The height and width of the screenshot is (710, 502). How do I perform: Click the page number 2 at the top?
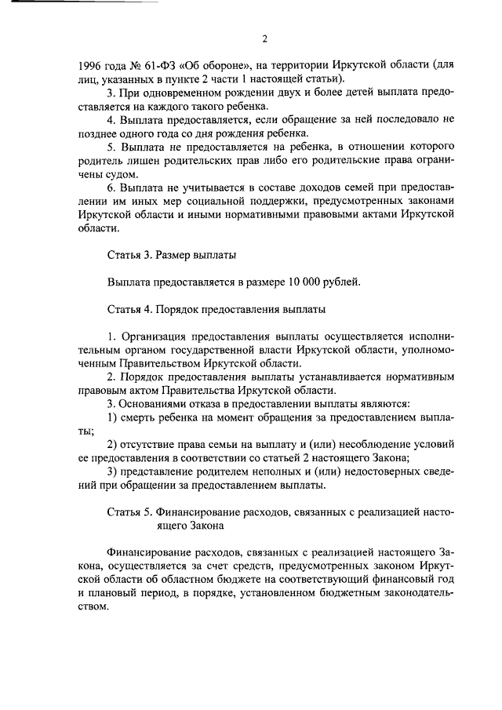(x=264, y=38)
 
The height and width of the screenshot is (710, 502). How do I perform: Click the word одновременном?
(x=179, y=92)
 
